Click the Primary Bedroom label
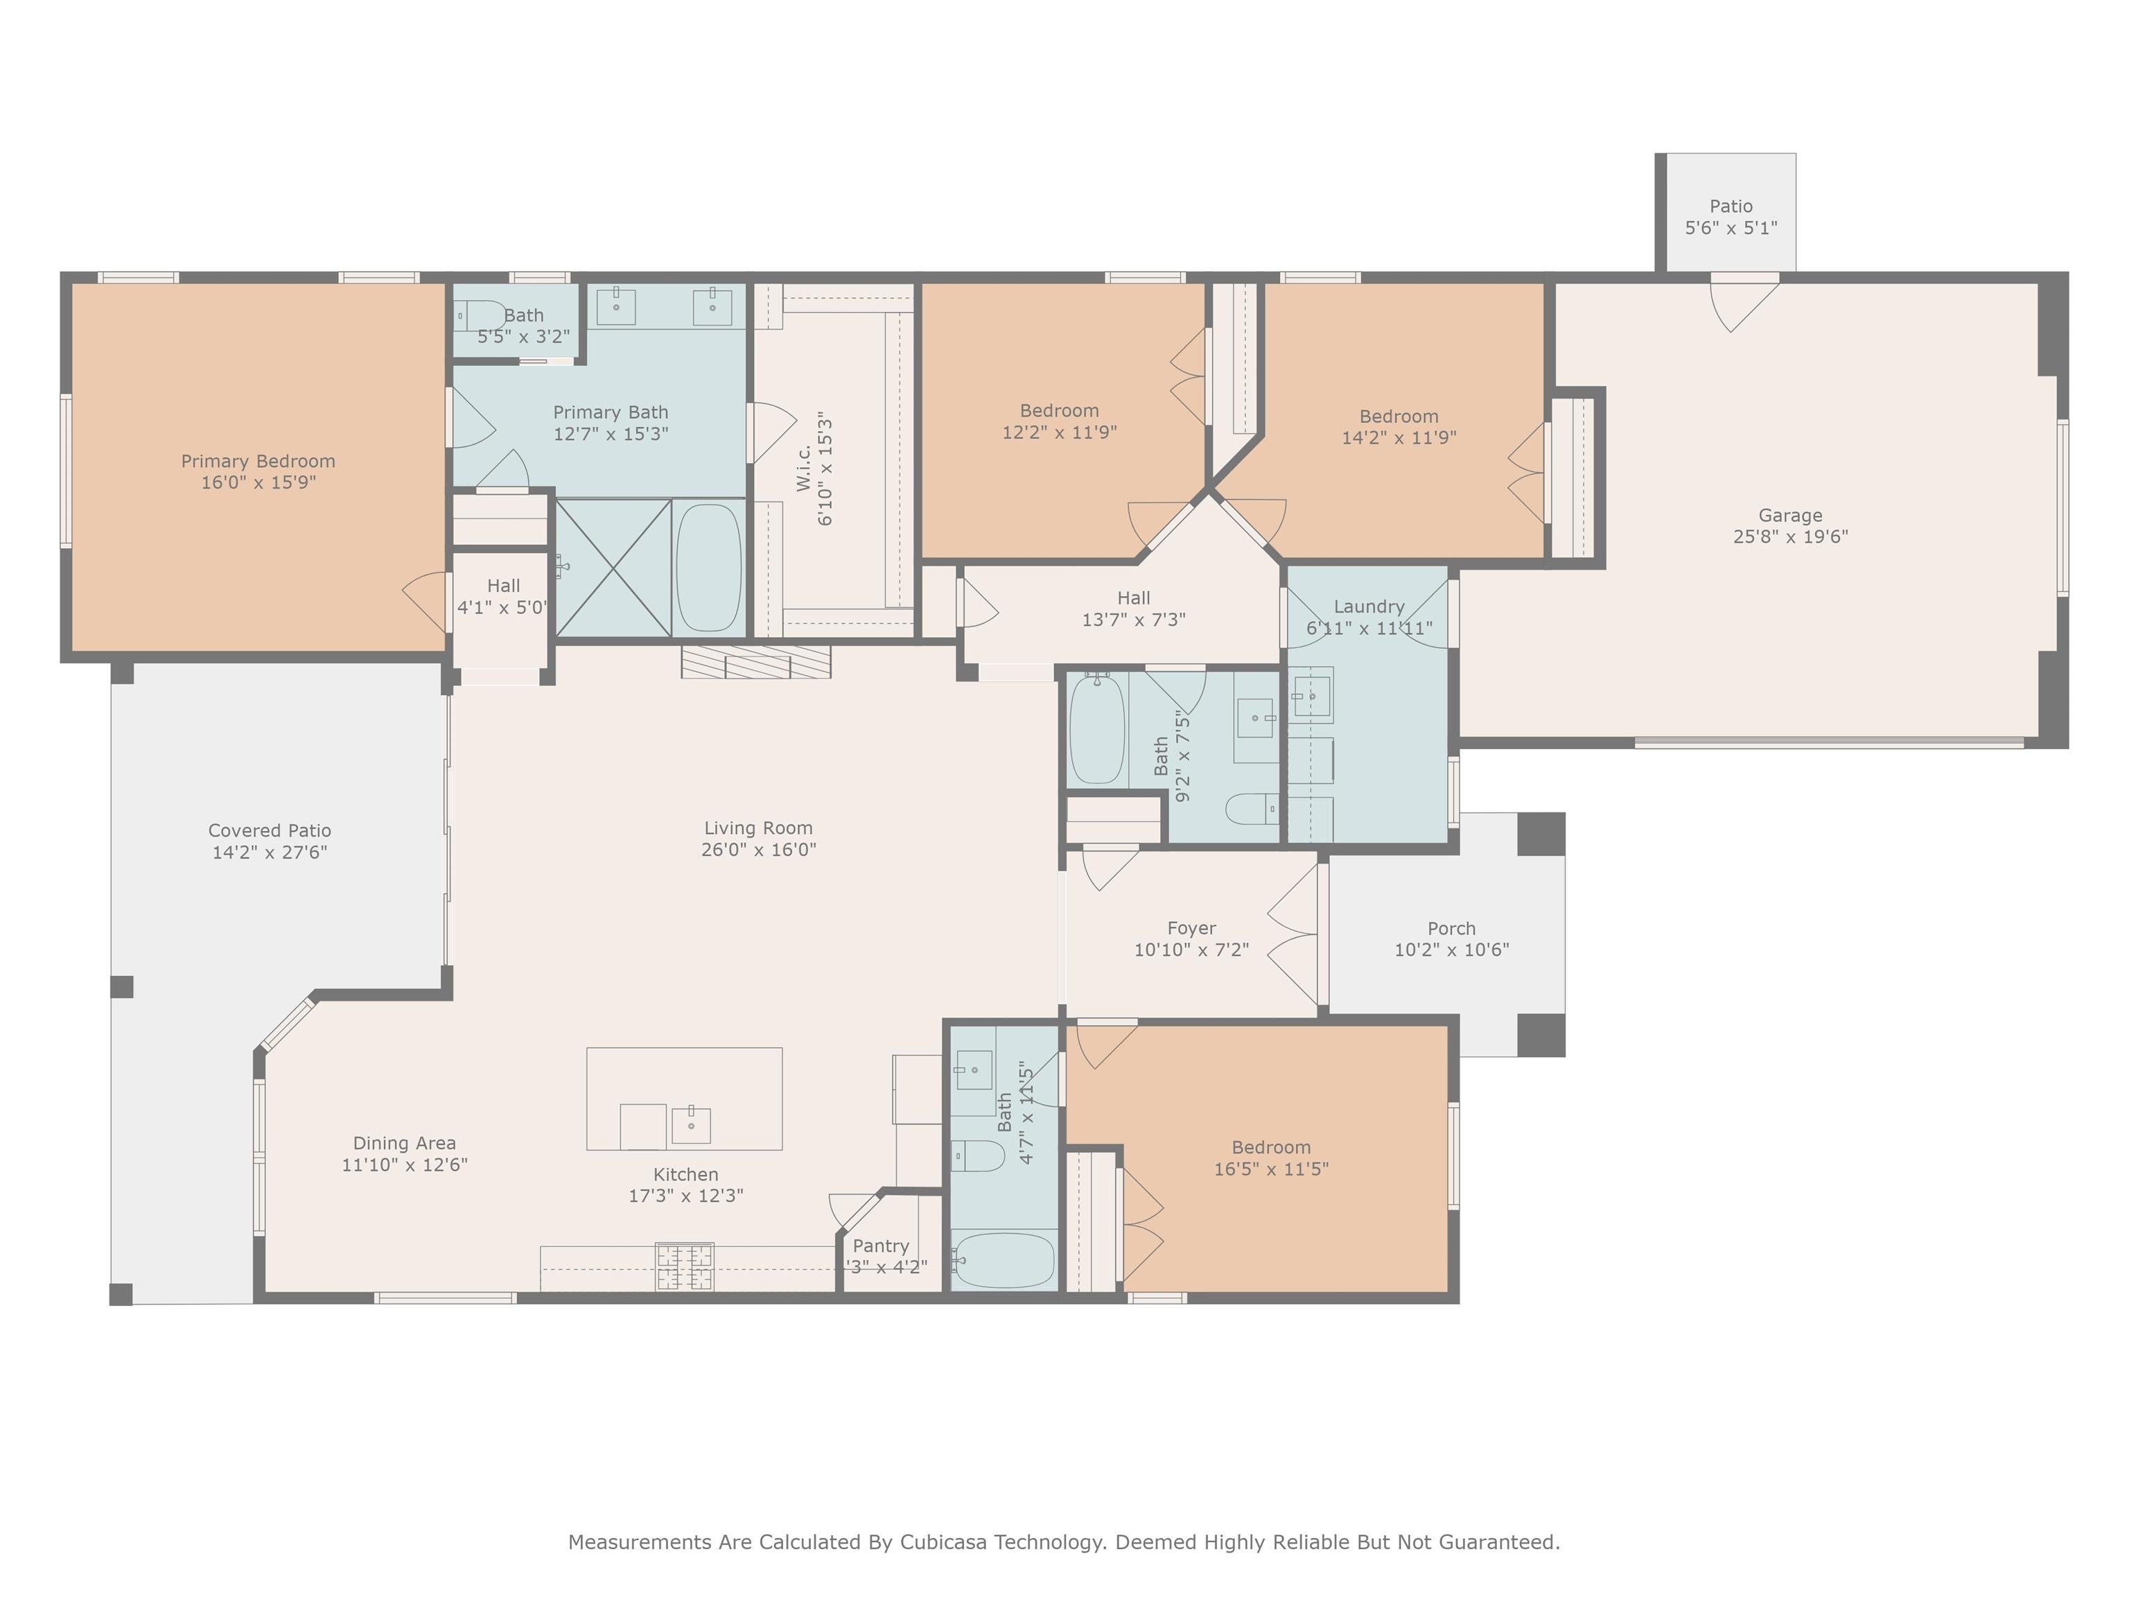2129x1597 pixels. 258,461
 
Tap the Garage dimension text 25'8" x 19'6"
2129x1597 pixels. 1790,536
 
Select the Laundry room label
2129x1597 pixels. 1369,606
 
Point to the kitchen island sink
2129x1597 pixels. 690,1124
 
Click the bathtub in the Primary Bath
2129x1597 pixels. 708,567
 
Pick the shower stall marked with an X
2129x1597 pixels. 613,567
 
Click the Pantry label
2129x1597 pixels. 881,1246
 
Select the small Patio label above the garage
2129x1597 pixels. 1731,206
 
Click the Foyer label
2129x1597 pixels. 1191,928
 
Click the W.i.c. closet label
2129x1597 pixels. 805,469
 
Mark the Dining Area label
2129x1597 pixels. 404,1142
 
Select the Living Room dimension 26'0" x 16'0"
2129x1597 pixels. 758,849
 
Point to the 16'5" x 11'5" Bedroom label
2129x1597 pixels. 1270,1147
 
